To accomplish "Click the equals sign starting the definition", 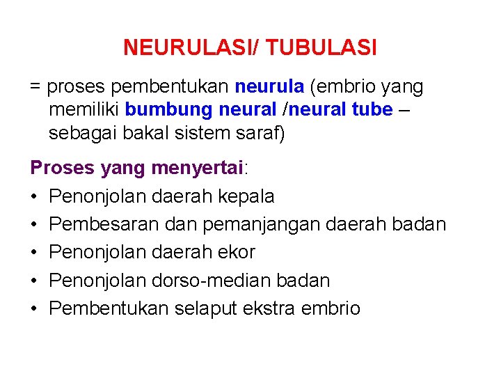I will point(35,87).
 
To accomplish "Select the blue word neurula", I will point(269,86).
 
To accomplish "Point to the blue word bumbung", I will point(169,110).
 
